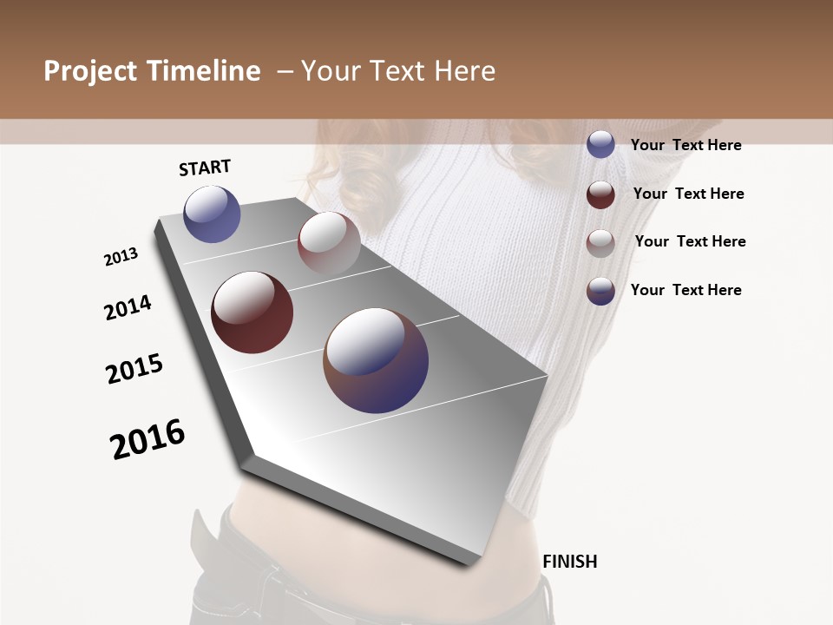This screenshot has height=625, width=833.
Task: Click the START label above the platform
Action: pyautogui.click(x=205, y=168)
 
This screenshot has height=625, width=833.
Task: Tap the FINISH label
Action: pyautogui.click(x=570, y=562)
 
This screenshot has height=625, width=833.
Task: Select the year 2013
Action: pyautogui.click(x=121, y=257)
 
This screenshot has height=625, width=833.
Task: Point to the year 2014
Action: pyautogui.click(x=128, y=308)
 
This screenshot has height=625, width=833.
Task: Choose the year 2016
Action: pyautogui.click(x=148, y=438)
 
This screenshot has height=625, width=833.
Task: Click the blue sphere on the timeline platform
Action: pyautogui.click(x=212, y=214)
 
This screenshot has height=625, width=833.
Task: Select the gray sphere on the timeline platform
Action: pyautogui.click(x=329, y=243)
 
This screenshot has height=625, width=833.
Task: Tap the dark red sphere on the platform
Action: pyautogui.click(x=252, y=312)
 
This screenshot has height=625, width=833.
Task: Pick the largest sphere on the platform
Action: pyautogui.click(x=376, y=360)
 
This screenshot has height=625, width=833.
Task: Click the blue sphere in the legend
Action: pyautogui.click(x=600, y=144)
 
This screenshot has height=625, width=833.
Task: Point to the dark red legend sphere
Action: pyautogui.click(x=600, y=194)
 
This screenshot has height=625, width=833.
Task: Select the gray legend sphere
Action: pyautogui.click(x=600, y=243)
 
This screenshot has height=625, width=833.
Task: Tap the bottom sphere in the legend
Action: pyautogui.click(x=600, y=291)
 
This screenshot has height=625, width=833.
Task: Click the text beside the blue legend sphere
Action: pyautogui.click(x=685, y=145)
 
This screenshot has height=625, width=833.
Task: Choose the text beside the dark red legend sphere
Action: pyautogui.click(x=688, y=194)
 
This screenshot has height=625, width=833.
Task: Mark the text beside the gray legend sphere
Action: pyautogui.click(x=690, y=241)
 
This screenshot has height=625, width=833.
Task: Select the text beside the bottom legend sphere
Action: pyautogui.click(x=685, y=290)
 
